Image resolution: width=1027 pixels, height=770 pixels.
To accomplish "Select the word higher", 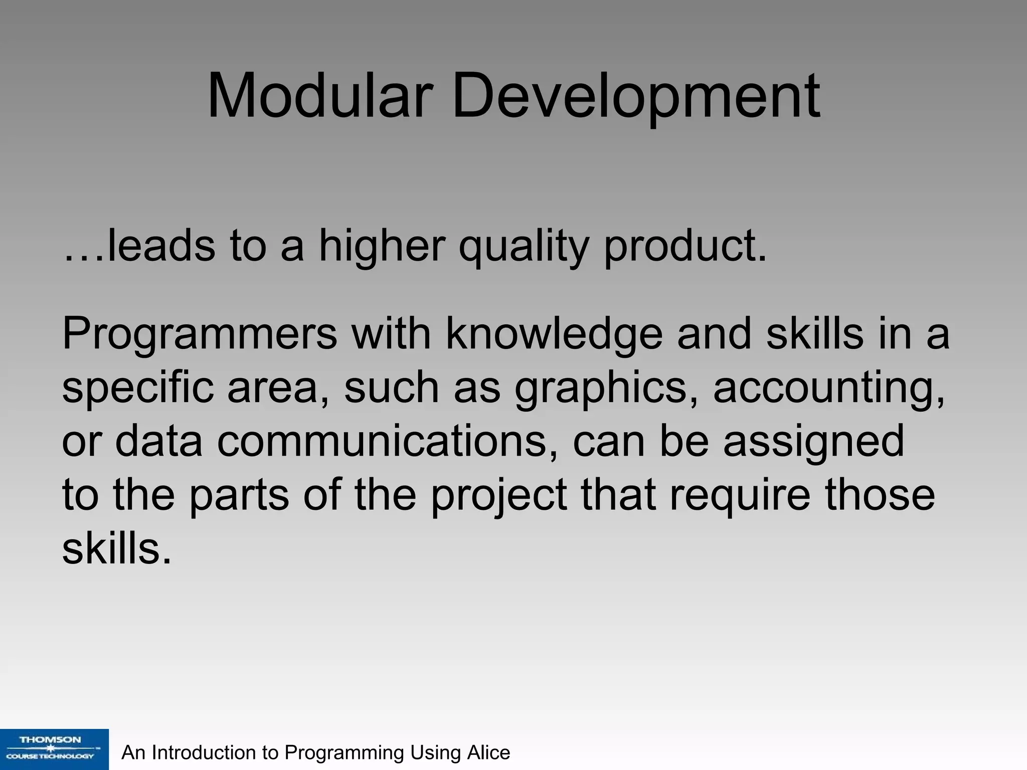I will click(x=381, y=246).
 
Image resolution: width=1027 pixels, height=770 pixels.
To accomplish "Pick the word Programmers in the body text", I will click(x=200, y=335).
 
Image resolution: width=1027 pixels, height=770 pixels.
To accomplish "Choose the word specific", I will click(x=137, y=389).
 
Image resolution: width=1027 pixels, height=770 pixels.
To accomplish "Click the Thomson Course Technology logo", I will click(x=54, y=749).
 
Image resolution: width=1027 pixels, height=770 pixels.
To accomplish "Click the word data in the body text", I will click(x=158, y=441).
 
